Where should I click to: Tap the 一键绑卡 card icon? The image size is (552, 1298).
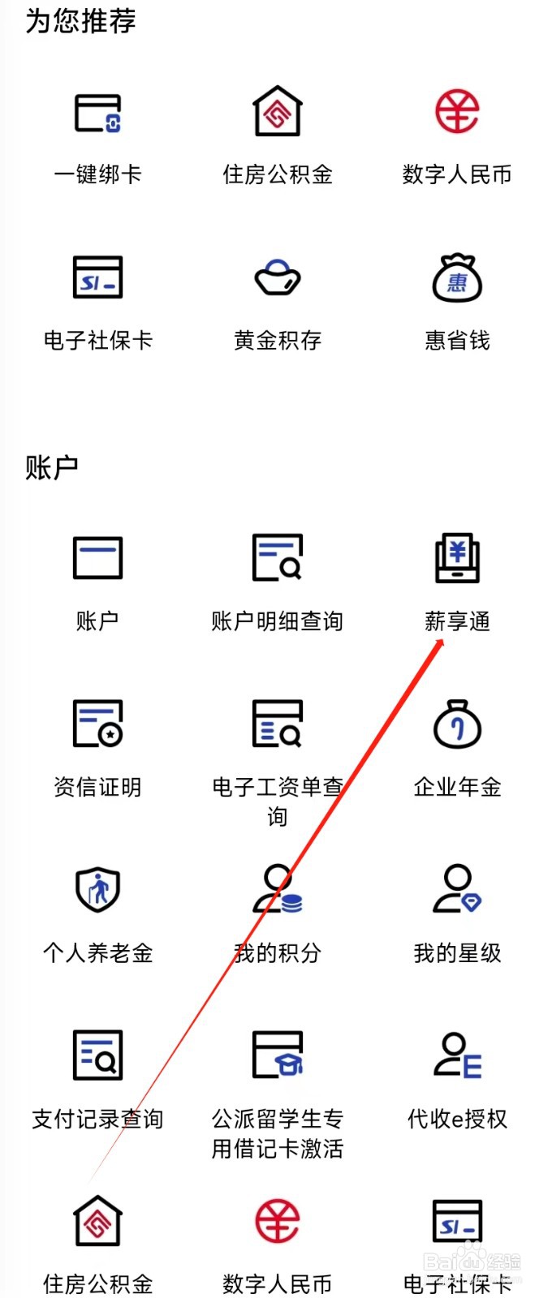(x=98, y=113)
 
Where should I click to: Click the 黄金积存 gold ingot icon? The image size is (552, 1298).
(x=278, y=278)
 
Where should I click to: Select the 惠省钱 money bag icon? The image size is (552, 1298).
(x=457, y=278)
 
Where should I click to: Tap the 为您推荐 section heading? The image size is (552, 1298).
(x=80, y=21)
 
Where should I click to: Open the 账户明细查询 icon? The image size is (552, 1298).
(x=278, y=558)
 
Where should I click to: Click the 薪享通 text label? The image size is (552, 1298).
(x=457, y=621)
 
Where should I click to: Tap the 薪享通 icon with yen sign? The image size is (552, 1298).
(x=457, y=558)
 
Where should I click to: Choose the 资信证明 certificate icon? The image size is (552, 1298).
(x=98, y=724)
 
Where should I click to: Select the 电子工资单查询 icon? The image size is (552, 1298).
(x=278, y=724)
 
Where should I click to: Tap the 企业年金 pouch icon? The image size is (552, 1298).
(x=457, y=724)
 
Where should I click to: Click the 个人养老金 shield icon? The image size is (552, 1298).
(x=98, y=889)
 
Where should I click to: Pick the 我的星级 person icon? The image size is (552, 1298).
(x=457, y=889)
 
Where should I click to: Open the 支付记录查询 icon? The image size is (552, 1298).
(x=98, y=1055)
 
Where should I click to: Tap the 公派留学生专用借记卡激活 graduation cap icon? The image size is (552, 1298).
(x=278, y=1055)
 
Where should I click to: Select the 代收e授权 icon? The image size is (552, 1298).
(x=457, y=1055)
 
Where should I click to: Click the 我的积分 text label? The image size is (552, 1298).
(x=278, y=953)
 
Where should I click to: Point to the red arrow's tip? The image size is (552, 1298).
(x=442, y=640)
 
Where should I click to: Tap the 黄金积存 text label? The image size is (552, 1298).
(x=278, y=340)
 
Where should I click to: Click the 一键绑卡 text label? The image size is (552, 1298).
(x=98, y=174)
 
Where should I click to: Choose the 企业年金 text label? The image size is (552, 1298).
(x=457, y=787)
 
